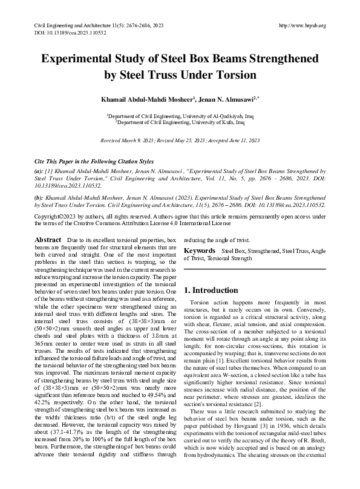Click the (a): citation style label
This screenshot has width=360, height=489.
coord(39,172)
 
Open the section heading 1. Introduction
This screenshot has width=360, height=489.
coord(212,290)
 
